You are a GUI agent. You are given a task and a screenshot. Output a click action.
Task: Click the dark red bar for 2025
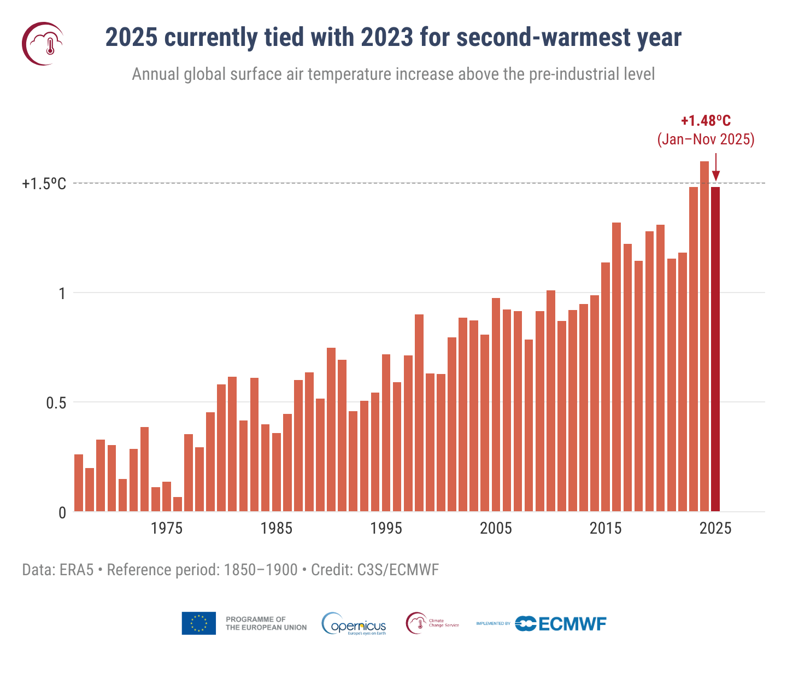coord(715,350)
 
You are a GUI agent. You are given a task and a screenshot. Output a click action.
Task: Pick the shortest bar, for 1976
coord(178,504)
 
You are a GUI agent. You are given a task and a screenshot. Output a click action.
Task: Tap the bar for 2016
coord(616,366)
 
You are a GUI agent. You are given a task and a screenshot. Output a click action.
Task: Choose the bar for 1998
coord(419,413)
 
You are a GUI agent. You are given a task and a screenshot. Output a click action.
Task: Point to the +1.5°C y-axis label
coord(44,184)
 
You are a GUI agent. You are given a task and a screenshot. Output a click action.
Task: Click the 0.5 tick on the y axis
coord(56,403)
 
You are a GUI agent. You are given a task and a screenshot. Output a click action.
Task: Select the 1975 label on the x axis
coord(167,528)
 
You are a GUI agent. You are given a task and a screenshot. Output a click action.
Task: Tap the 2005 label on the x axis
coord(496,528)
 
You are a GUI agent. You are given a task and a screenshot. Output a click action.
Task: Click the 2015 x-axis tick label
coord(606,528)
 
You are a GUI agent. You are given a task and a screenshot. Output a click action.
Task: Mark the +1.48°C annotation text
coord(706,121)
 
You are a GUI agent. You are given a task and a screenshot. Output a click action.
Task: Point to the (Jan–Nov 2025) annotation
coord(706,139)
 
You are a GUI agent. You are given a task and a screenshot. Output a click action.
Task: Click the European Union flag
coord(198,623)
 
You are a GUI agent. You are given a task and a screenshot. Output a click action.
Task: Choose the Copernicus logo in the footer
coord(354,624)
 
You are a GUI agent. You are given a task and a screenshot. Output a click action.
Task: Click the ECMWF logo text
coord(572,624)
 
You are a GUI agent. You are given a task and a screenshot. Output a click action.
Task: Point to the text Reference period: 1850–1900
coord(202,570)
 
